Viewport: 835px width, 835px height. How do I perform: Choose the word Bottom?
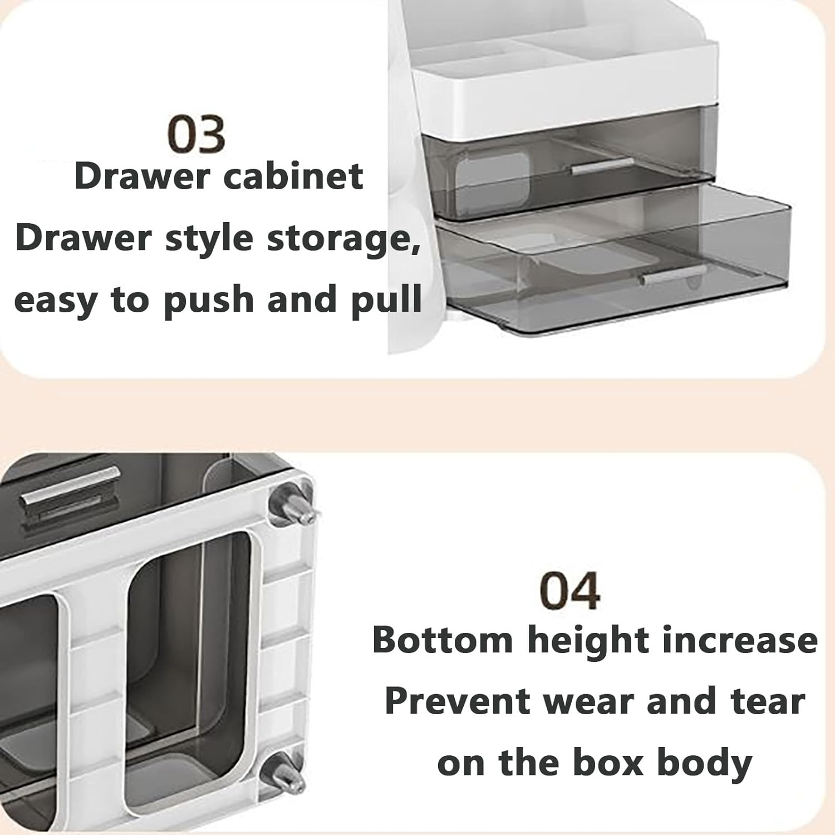[443, 640]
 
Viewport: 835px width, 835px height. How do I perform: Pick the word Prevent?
[457, 701]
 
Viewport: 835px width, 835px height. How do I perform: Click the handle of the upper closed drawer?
[602, 166]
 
